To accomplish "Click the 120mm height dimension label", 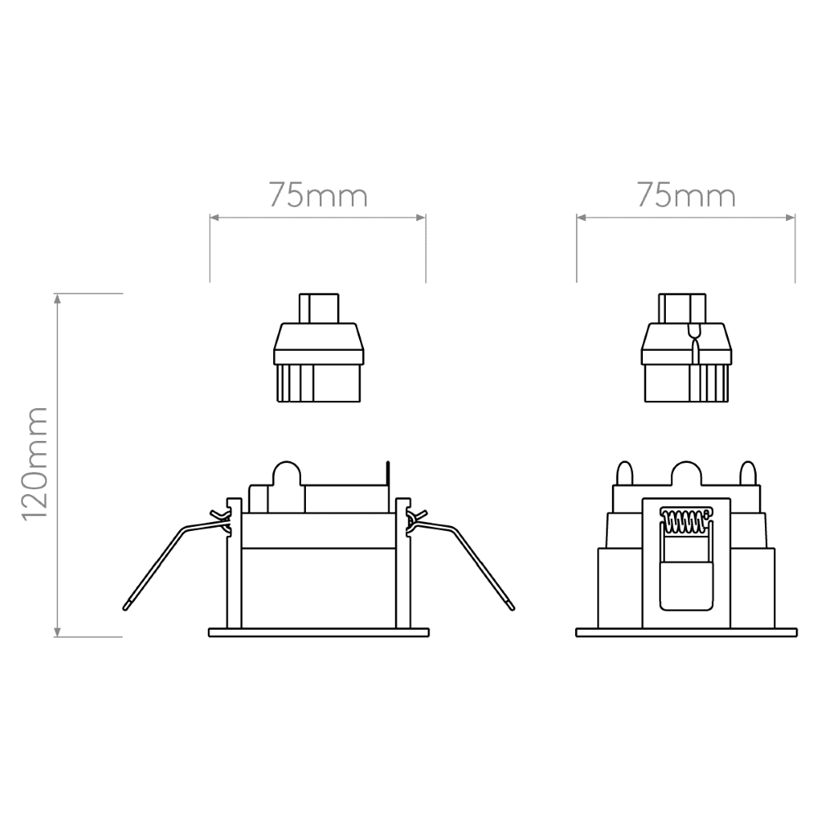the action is point(34,463).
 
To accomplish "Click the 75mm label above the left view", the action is point(318,196).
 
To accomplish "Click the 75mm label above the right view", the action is point(686,196).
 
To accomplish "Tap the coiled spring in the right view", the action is point(685,519).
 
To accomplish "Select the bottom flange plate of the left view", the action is point(319,632).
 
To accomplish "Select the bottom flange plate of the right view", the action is point(686,632).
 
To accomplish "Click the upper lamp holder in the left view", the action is point(319,348).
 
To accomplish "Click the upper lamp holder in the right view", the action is point(686,348).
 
